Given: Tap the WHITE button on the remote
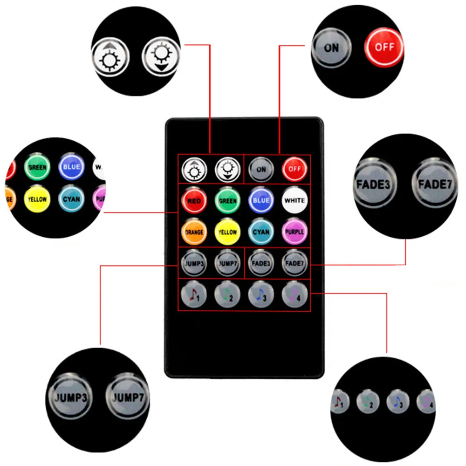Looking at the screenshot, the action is pos(295,200).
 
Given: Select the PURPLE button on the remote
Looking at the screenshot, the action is pos(295,232).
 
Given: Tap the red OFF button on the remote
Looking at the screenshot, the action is pos(295,169).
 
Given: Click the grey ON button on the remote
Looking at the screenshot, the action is pos(261,169).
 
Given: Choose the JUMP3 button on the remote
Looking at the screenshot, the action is pos(194,263).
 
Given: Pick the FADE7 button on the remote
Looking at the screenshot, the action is pos(295,263).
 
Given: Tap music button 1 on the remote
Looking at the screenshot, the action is pos(194,295).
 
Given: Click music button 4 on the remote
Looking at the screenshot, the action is pos(295,295).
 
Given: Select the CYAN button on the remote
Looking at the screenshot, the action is pos(261,232).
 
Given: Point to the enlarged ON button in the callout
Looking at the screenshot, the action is pos(331,48).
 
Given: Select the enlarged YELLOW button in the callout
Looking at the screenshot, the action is pos(37,199).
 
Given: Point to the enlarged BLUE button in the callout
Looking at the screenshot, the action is pos(72,167).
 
